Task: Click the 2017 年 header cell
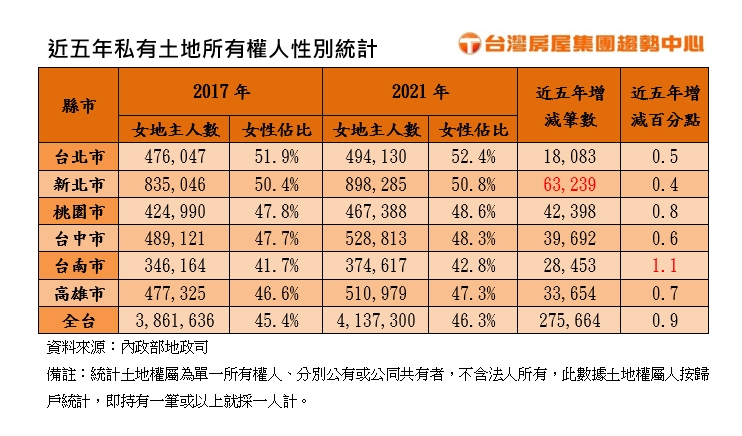click(x=220, y=92)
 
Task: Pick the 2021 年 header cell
click(x=420, y=92)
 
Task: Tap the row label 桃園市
click(x=78, y=210)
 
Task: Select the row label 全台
click(x=78, y=320)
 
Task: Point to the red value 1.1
click(x=665, y=265)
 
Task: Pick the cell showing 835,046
click(x=175, y=184)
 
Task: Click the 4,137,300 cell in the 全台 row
click(x=375, y=320)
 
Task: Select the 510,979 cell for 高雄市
click(x=375, y=293)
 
